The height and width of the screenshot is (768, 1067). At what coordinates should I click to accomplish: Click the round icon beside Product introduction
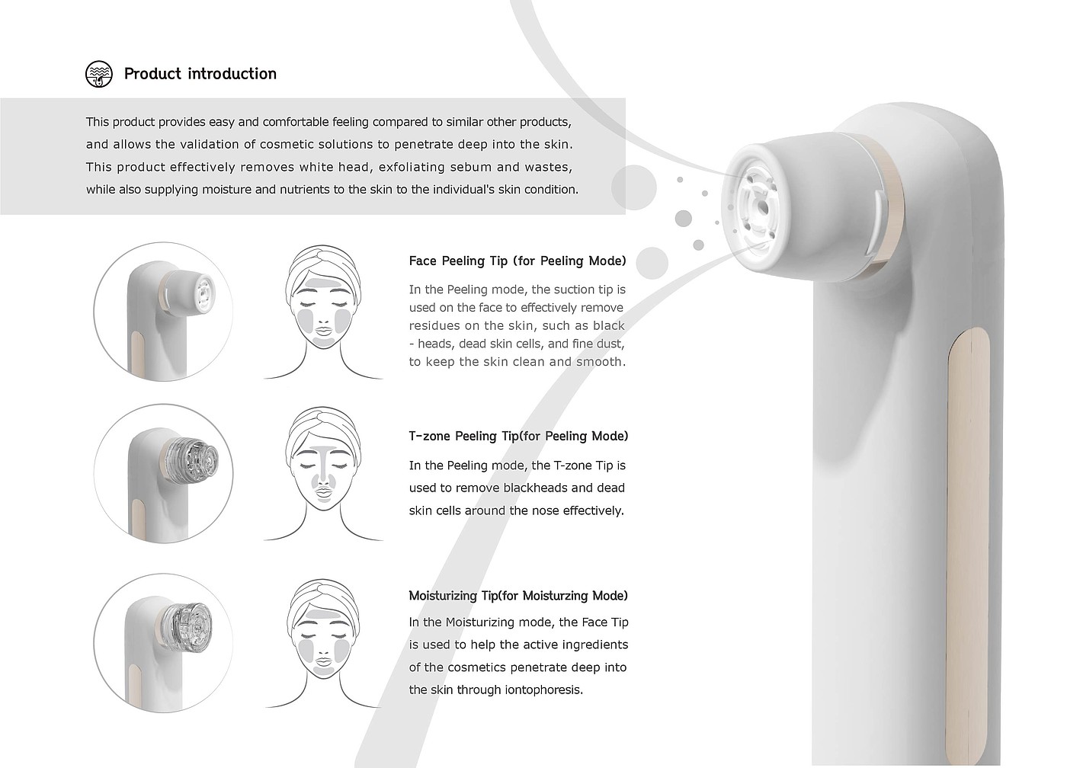[x=99, y=74]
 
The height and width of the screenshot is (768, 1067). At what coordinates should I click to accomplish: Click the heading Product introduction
[x=200, y=74]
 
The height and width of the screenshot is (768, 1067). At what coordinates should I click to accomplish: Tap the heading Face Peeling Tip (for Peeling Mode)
[x=517, y=261]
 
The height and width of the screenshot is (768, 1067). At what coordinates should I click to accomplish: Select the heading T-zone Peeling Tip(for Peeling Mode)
[x=519, y=436]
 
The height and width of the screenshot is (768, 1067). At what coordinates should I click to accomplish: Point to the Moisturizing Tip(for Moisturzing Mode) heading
[x=518, y=596]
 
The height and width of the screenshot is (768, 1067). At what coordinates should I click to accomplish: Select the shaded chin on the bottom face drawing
[x=323, y=672]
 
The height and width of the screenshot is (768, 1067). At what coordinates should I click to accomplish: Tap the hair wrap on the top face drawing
[x=322, y=267]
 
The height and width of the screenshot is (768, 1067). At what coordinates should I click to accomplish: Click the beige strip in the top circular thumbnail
[x=136, y=353]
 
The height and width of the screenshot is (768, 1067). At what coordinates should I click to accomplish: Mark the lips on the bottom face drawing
[x=323, y=662]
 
